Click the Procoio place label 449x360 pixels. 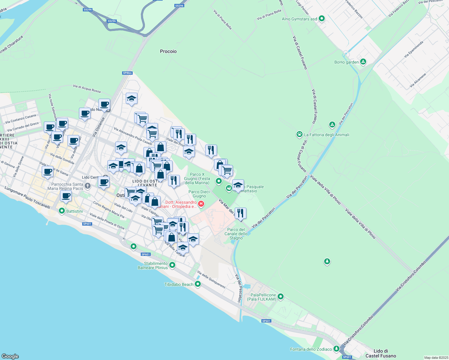(x=168, y=51)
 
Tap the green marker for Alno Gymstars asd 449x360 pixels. (x=322, y=19)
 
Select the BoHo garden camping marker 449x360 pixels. (x=363, y=62)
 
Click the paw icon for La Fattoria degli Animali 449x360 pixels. (x=299, y=134)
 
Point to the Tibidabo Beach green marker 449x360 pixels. (x=197, y=284)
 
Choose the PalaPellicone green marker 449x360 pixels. (x=281, y=297)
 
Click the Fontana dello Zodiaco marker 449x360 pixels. (x=336, y=349)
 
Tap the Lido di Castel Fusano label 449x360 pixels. (x=381, y=353)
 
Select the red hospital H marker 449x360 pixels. (x=201, y=204)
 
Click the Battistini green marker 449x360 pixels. (x=62, y=211)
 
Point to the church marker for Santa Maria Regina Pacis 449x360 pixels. (x=87, y=186)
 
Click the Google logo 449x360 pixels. (x=10, y=356)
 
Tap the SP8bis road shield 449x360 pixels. (x=127, y=73)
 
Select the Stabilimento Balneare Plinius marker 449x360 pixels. (x=172, y=265)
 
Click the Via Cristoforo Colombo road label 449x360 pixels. (x=411, y=276)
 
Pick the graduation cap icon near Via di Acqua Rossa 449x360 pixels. (x=131, y=98)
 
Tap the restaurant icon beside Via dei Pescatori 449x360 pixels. (x=240, y=213)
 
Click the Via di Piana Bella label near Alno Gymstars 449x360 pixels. (x=269, y=15)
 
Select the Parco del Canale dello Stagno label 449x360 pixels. (x=236, y=234)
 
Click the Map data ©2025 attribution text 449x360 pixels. (x=436, y=358)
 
